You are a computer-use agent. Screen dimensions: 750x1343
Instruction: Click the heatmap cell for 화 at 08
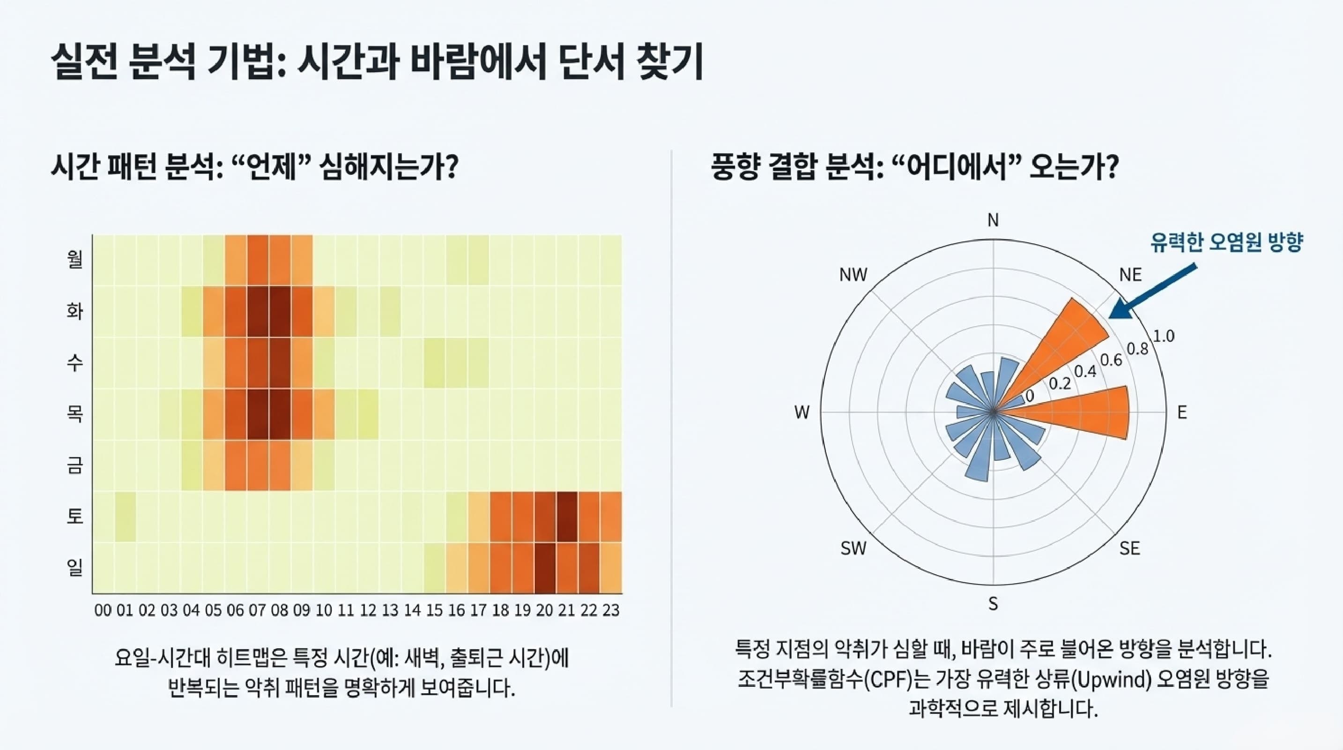tap(280, 311)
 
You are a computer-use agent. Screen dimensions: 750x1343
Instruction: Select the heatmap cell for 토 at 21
tap(567, 517)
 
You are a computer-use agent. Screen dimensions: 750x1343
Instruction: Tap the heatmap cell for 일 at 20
tap(545, 568)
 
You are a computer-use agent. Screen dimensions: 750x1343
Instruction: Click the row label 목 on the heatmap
tap(75, 413)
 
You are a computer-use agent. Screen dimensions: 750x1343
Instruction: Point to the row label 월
tap(75, 259)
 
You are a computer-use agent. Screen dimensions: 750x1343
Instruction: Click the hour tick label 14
tap(412, 610)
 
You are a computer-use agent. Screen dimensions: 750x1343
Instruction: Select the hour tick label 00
tap(103, 610)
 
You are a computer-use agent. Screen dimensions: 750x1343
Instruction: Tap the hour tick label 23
tap(610, 610)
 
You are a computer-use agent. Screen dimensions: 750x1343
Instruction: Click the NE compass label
tap(1130, 275)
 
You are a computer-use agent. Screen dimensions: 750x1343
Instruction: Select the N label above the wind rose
tap(993, 221)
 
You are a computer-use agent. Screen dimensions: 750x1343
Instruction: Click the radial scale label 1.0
tap(1163, 337)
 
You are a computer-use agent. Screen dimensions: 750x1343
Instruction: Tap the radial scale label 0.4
tap(1085, 371)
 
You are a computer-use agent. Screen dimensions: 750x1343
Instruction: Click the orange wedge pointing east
tap(1084, 412)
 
